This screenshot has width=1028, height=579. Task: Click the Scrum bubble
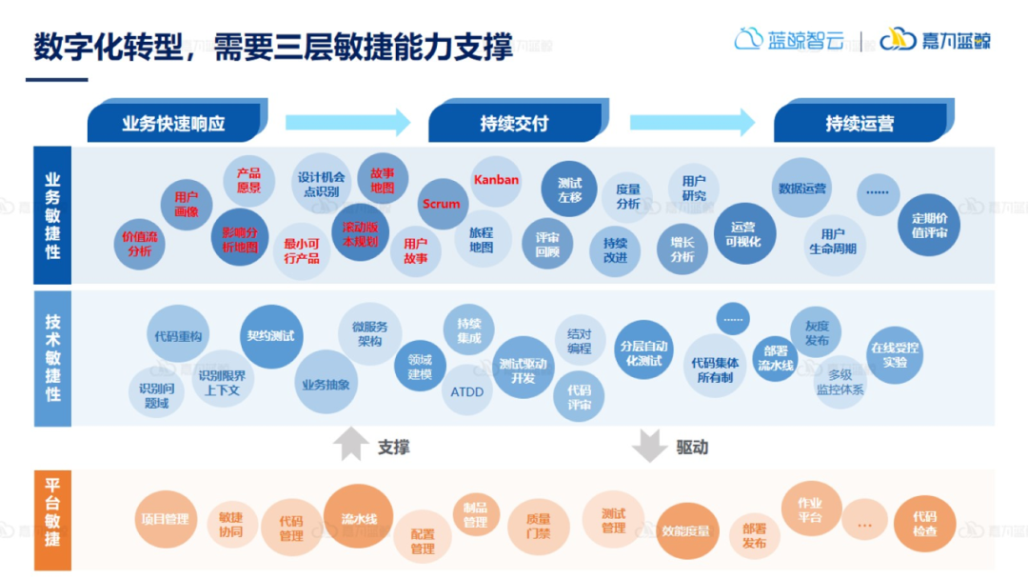point(441,204)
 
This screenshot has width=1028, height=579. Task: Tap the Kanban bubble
point(496,180)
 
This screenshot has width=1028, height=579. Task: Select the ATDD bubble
point(466,391)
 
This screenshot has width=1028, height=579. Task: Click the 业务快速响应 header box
point(172,124)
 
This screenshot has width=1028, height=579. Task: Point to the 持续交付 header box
point(515,124)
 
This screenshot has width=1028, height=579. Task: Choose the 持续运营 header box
point(860,124)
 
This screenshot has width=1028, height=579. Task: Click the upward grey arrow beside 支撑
point(350,445)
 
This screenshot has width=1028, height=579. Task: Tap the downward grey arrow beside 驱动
point(650,445)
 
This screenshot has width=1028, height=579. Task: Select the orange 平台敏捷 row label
point(52,520)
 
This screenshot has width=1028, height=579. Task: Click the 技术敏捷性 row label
point(52,358)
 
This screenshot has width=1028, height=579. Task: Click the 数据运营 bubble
point(801,189)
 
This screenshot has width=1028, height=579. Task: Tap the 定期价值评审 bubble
point(929,225)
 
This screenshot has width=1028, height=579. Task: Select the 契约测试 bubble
point(270,336)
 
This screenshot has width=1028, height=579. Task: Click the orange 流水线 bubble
point(359,518)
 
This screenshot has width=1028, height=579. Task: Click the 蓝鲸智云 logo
point(789,40)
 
